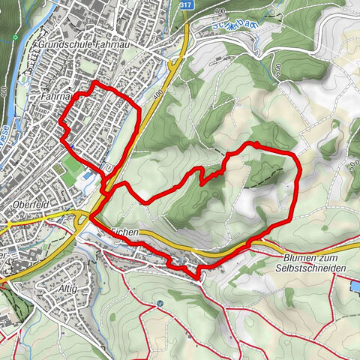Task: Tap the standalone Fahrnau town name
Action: (55, 97)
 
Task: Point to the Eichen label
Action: (124, 233)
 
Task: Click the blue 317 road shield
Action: (185, 4)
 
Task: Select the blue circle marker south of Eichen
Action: (160, 304)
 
